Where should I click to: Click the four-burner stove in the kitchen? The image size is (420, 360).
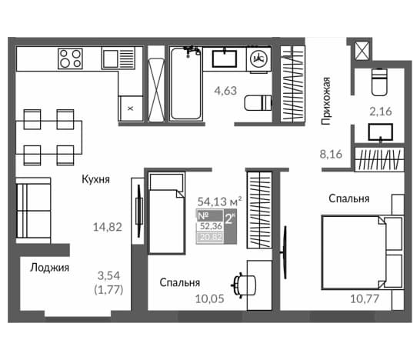pos(70,58)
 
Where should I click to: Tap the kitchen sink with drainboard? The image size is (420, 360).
pos(118,58)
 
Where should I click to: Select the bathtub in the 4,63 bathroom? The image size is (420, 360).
pos(186,84)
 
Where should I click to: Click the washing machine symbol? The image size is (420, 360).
pos(258,59)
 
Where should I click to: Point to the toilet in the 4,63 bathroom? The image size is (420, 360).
pos(258,102)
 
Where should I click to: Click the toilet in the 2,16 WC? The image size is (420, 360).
pos(379,82)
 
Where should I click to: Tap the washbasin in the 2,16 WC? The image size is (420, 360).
pos(380,132)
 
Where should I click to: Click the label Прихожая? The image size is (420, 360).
pos(326,101)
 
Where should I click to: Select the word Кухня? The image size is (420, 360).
pos(96,179)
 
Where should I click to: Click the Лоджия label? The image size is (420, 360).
pos(49,268)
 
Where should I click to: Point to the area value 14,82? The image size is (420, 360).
pos(108,227)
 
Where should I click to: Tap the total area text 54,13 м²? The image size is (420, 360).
pos(220,202)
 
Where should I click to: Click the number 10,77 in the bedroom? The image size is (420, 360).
pos(365,298)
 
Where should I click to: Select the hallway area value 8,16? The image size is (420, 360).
pos(331,155)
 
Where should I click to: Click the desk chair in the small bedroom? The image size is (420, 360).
pos(244,285)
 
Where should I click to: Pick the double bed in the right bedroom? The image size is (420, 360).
pos(362,252)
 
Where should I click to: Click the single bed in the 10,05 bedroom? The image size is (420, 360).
pos(167,213)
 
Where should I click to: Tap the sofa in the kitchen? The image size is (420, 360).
pos(33,211)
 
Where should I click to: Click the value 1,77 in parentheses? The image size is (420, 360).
pos(108,290)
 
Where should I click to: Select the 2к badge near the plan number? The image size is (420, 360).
pos(230,218)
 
